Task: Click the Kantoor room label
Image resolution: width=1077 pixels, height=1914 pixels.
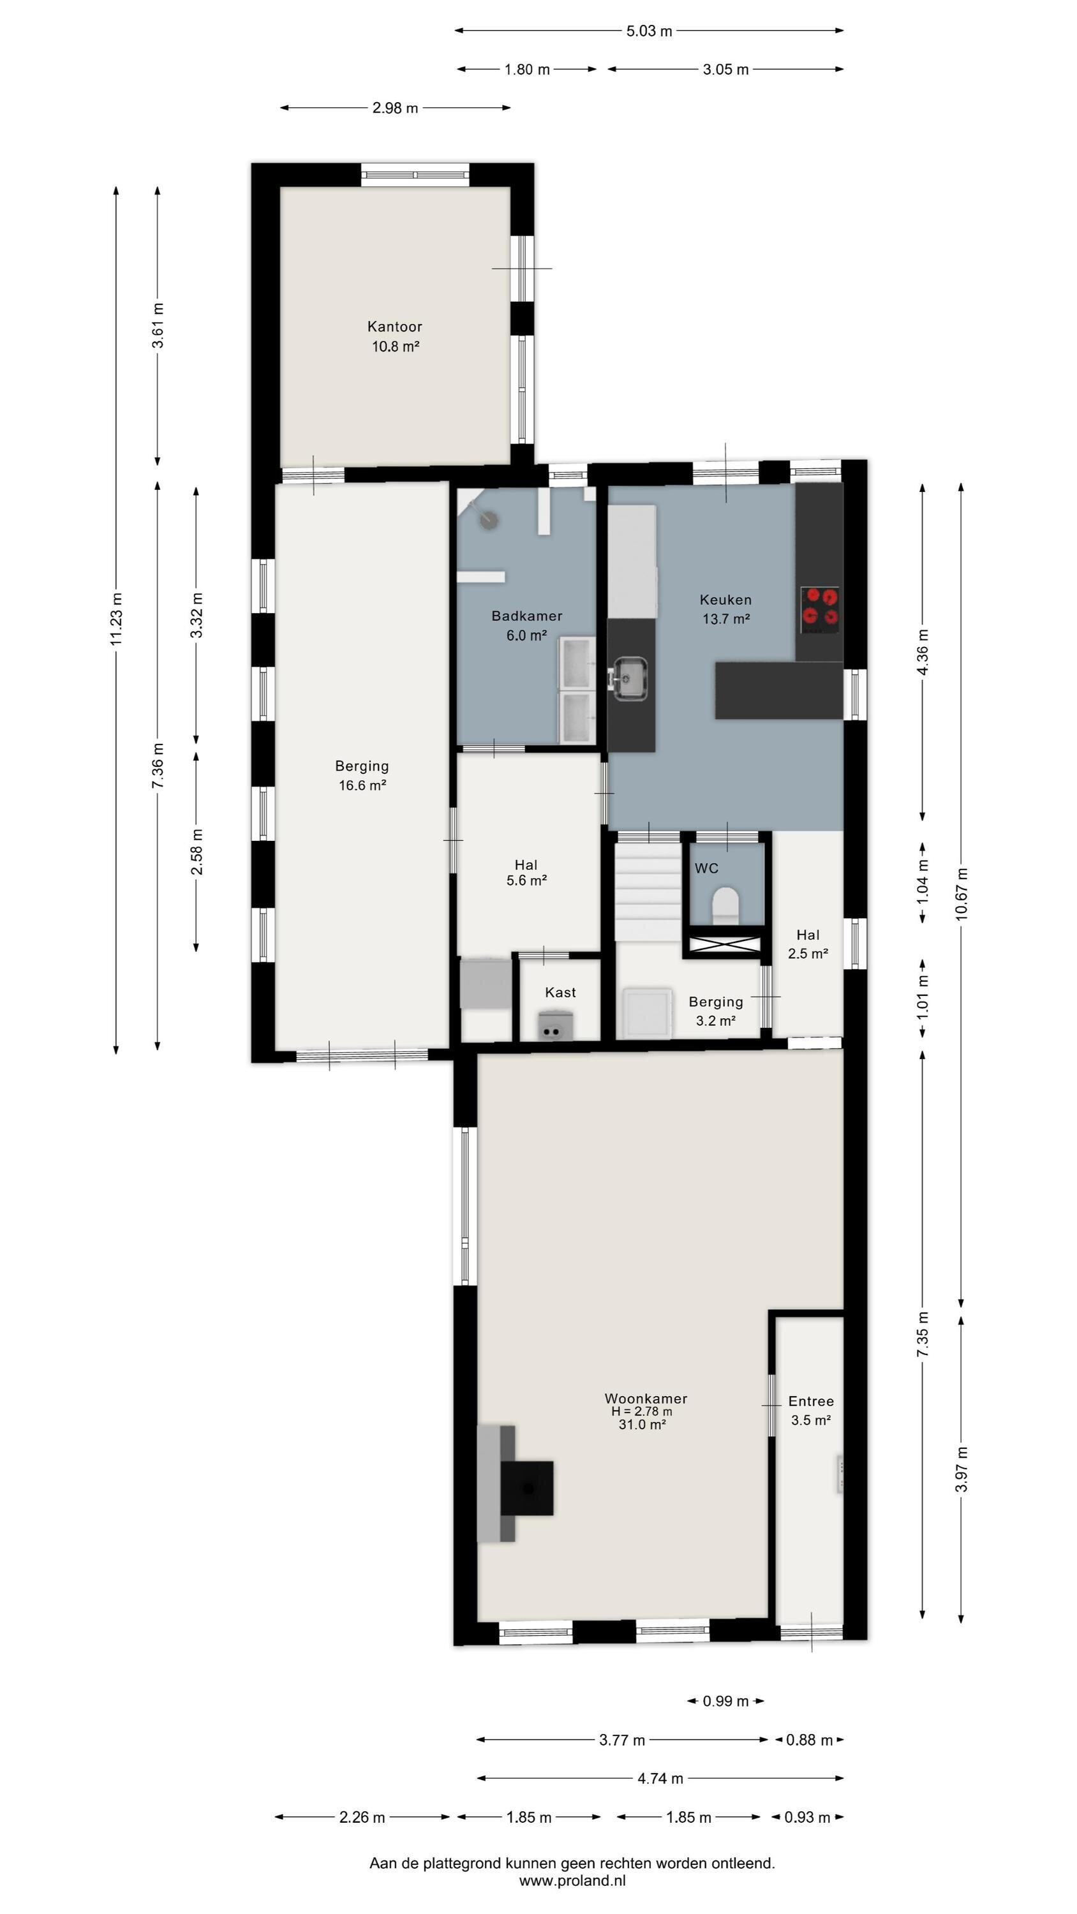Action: click(x=395, y=327)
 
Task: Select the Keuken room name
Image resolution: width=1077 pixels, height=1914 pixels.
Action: click(x=725, y=600)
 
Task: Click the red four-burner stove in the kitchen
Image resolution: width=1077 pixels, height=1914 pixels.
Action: click(x=821, y=606)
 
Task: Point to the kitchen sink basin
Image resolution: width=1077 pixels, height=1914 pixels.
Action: click(x=630, y=678)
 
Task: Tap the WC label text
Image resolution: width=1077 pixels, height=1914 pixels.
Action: click(x=706, y=868)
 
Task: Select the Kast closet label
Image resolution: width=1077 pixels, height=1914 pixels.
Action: click(x=560, y=993)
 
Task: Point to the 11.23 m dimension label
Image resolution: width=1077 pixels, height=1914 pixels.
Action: click(x=116, y=619)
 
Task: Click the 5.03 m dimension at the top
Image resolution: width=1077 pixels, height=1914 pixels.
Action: click(x=649, y=31)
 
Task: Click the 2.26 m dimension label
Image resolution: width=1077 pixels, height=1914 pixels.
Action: click(x=362, y=1818)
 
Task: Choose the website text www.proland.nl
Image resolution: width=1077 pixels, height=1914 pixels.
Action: click(x=572, y=1881)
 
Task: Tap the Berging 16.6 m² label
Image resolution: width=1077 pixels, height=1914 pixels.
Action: click(x=362, y=776)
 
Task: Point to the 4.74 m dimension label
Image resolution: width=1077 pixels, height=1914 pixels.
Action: click(x=660, y=1779)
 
